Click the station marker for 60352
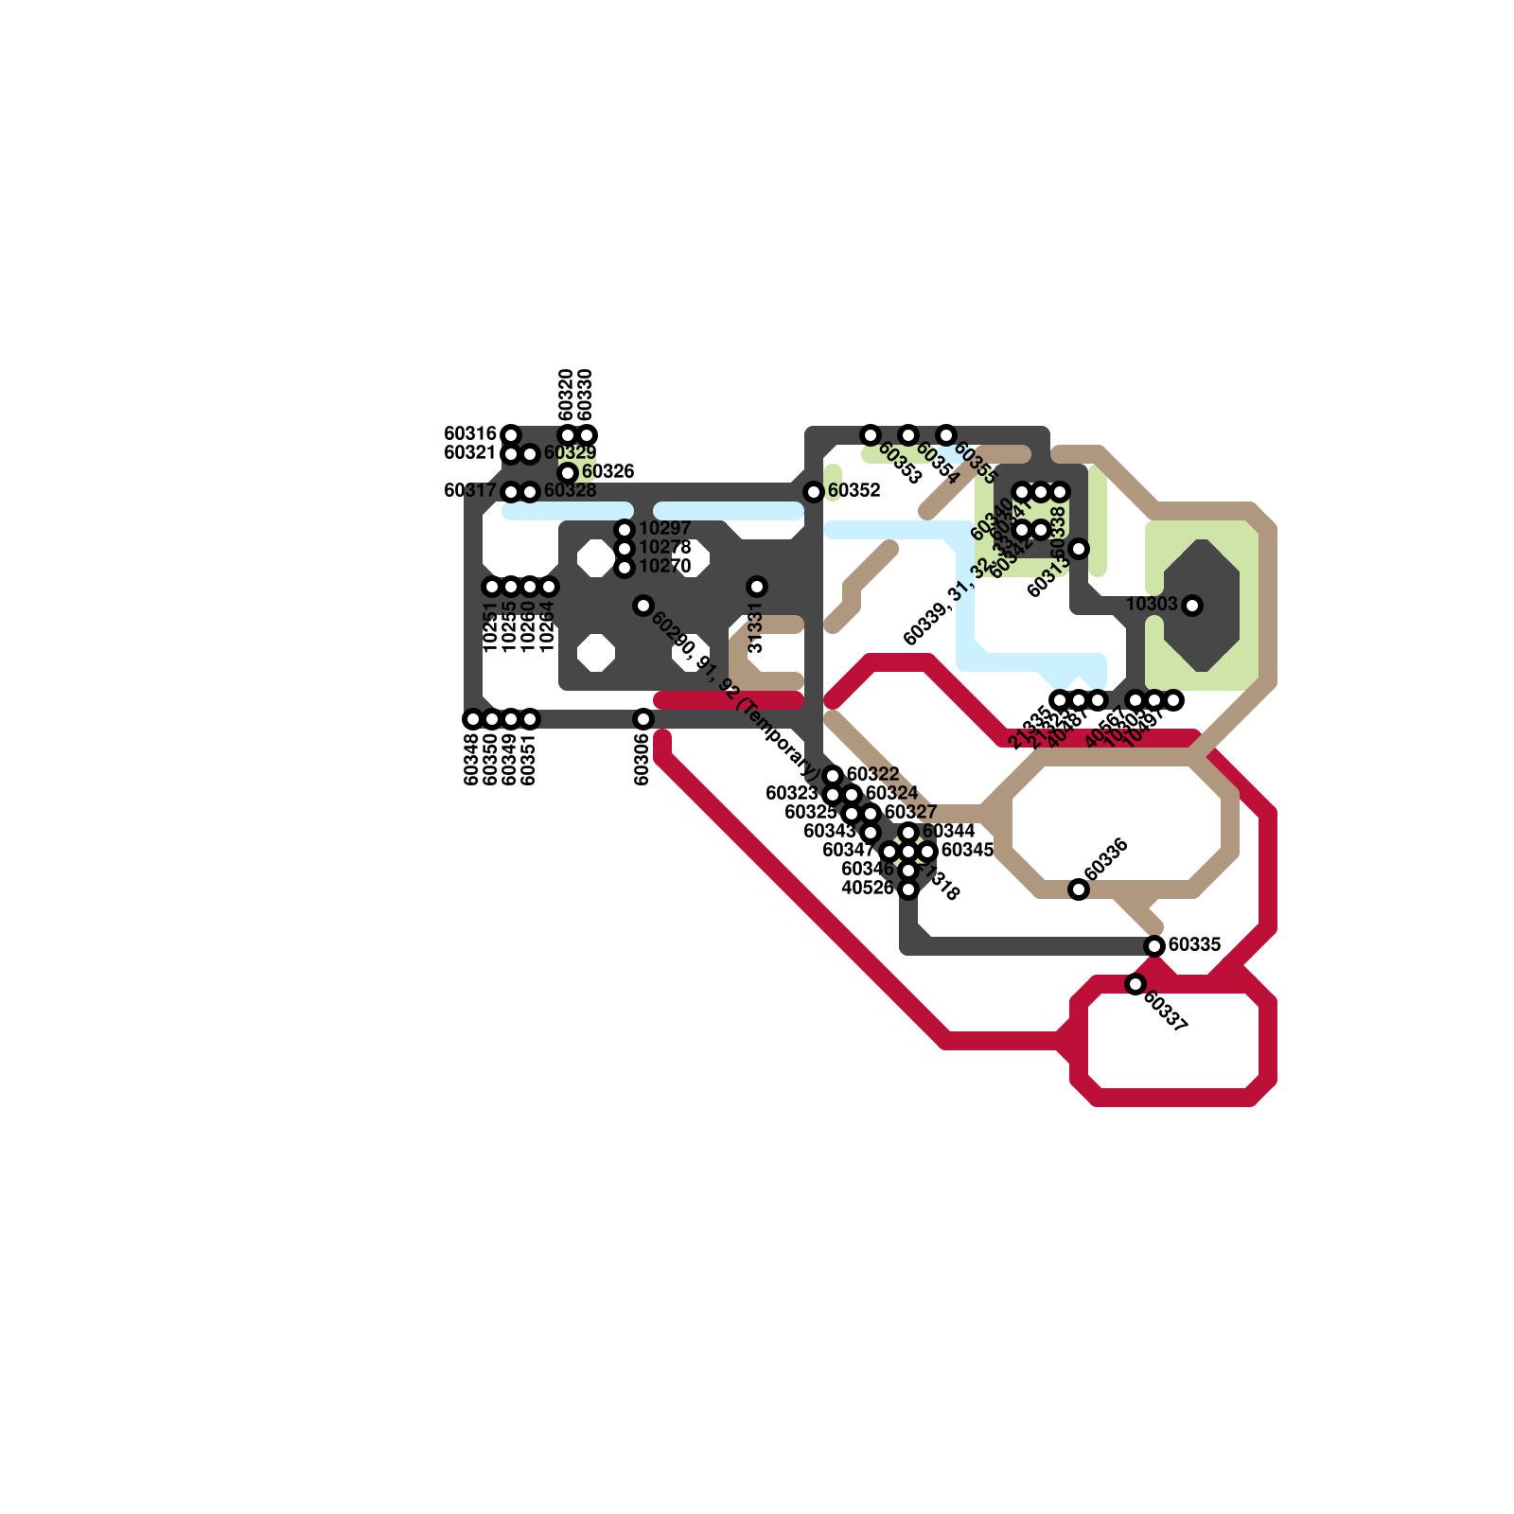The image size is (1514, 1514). pyautogui.click(x=814, y=492)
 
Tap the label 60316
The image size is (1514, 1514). pyautogui.click(x=470, y=434)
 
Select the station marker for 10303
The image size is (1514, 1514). pyautogui.click(x=1192, y=606)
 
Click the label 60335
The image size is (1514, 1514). pyautogui.click(x=1194, y=945)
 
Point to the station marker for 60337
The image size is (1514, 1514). pyautogui.click(x=1135, y=984)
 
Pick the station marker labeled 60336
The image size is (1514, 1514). pyautogui.click(x=1079, y=889)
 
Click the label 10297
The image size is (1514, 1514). pyautogui.click(x=664, y=529)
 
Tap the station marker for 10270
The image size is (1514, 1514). pyautogui.click(x=625, y=568)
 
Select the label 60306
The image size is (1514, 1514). pyautogui.click(x=643, y=760)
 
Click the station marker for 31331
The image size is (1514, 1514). pyautogui.click(x=757, y=587)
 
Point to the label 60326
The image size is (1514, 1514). pyautogui.click(x=607, y=472)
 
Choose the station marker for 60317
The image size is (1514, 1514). pyautogui.click(x=511, y=492)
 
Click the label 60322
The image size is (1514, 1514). pyautogui.click(x=872, y=775)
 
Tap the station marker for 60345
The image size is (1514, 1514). pyautogui.click(x=927, y=852)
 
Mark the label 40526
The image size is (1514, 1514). pyautogui.click(x=867, y=889)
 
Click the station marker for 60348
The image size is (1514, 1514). pyautogui.click(x=473, y=719)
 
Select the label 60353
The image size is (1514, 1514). pyautogui.click(x=899, y=463)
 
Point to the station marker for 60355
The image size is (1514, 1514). pyautogui.click(x=946, y=435)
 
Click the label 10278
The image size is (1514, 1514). pyautogui.click(x=664, y=548)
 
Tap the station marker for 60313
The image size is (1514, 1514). pyautogui.click(x=1079, y=549)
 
